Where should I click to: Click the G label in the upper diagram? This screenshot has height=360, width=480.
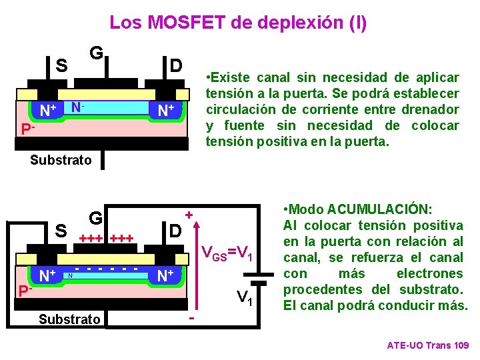(95, 52)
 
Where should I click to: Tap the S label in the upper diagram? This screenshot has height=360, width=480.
(61, 65)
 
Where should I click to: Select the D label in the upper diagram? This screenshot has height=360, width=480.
(176, 65)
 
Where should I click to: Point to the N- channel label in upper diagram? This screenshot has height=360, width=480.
(77, 107)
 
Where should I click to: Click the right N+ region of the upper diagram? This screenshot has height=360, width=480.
(166, 110)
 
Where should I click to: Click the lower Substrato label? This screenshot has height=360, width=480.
(70, 319)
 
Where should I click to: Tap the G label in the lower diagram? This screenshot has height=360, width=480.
(95, 218)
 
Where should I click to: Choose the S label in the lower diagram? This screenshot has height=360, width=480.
(61, 231)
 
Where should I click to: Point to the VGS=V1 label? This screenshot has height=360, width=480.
(227, 253)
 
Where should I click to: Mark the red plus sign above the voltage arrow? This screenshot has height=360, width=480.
(189, 215)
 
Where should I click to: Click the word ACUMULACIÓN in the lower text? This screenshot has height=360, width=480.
(384, 209)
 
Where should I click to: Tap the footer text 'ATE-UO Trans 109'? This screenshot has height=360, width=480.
(428, 345)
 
